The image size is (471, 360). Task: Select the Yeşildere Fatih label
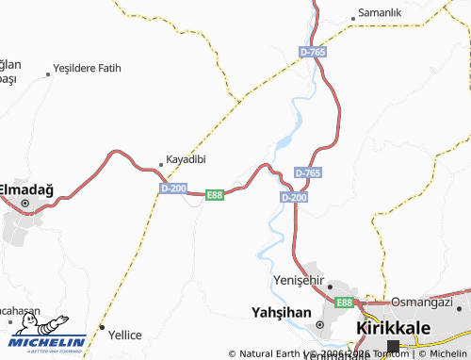(x=89, y=68)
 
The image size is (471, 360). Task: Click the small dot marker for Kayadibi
(x=160, y=165)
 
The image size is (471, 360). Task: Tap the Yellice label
(x=124, y=335)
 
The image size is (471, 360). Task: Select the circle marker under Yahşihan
(x=319, y=325)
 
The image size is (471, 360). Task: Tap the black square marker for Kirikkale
(x=393, y=346)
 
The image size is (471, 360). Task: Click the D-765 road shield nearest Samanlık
(x=314, y=52)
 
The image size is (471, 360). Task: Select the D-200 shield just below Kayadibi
(x=173, y=188)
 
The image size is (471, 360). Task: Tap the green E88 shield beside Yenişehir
(x=344, y=303)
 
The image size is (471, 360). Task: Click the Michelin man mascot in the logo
(x=28, y=324)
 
